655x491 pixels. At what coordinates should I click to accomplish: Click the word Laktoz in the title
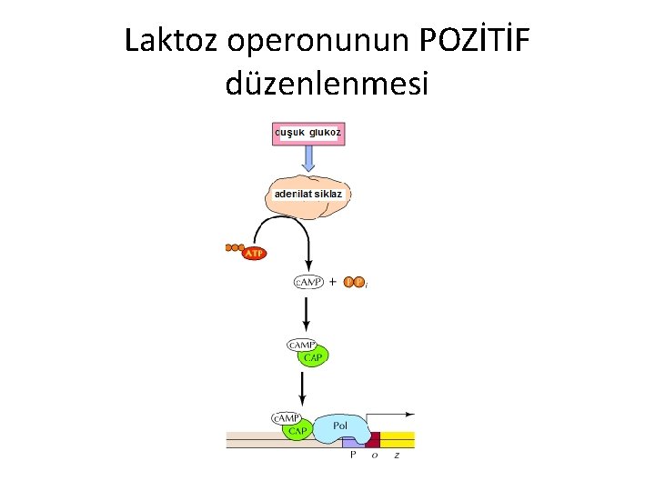coord(172,40)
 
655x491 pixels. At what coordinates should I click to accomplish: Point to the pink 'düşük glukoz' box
coord(308,133)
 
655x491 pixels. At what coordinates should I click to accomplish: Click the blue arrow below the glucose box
coord(308,159)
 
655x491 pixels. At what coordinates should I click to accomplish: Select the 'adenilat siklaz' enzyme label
coord(308,194)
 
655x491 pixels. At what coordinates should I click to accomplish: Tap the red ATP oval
coord(255,253)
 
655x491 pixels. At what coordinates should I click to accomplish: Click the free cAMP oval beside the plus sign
coord(308,282)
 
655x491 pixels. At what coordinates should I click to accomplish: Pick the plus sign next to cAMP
coord(332,282)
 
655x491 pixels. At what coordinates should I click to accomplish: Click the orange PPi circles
coord(355,282)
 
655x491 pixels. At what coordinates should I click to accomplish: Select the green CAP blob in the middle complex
coord(313,357)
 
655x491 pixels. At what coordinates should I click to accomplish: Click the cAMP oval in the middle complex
coord(302,345)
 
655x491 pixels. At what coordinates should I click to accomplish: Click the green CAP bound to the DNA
coord(297,430)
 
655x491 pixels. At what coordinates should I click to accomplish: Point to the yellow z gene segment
coord(398,439)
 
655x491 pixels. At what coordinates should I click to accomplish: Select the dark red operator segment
coord(372,440)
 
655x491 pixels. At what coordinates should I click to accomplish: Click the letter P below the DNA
coord(353,456)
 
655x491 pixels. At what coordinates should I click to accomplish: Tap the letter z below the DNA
coord(396,456)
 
